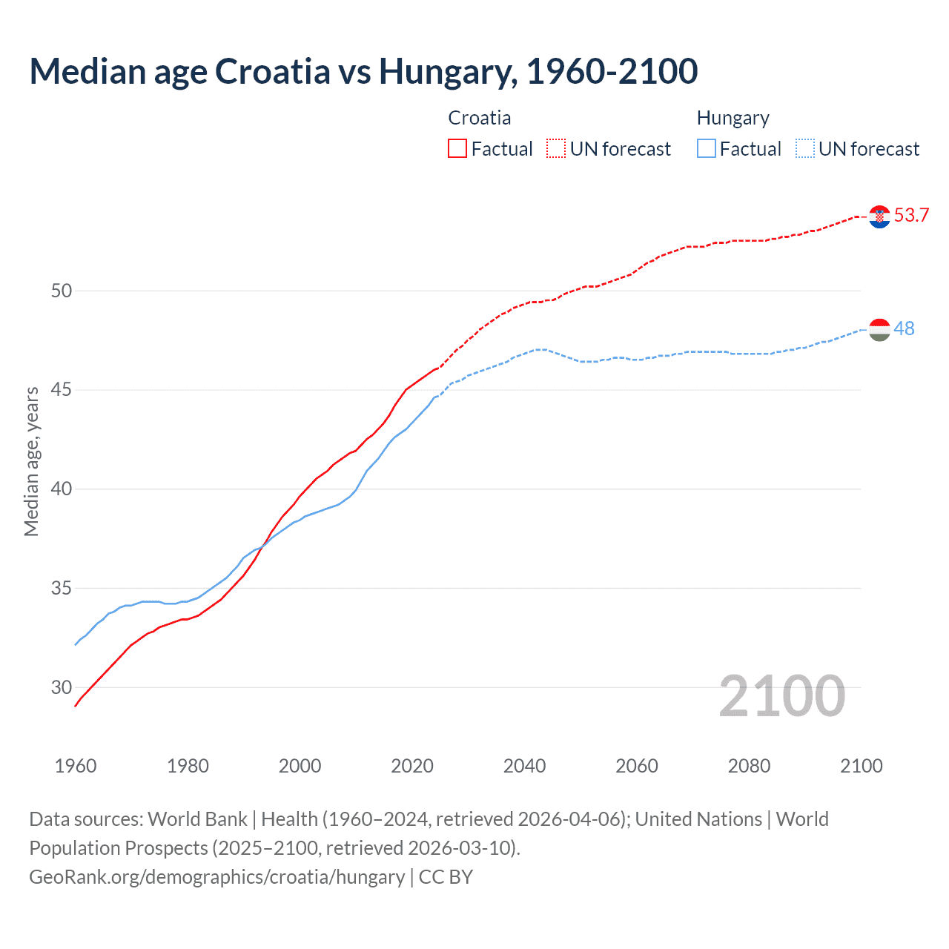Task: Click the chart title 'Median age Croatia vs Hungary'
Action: click(x=363, y=72)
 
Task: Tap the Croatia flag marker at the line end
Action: click(x=879, y=216)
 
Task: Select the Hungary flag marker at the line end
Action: click(x=879, y=330)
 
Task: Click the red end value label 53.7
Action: click(x=911, y=216)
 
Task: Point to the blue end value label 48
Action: click(x=904, y=328)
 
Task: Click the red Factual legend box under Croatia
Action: click(x=457, y=149)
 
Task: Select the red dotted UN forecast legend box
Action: click(x=556, y=149)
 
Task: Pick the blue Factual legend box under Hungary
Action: click(x=707, y=149)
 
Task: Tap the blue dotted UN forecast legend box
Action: click(x=805, y=149)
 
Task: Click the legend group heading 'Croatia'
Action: click(x=479, y=119)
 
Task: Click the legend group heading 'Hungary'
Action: click(x=733, y=119)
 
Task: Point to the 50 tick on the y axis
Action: click(x=62, y=291)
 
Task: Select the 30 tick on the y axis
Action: click(x=62, y=688)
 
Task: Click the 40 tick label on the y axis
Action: click(x=62, y=489)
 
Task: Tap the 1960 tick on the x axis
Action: click(x=76, y=766)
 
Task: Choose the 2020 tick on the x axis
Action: click(x=412, y=766)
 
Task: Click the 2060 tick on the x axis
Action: click(x=637, y=766)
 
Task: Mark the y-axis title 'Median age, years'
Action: click(x=31, y=461)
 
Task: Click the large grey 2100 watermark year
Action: click(x=781, y=696)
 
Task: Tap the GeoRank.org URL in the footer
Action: click(x=216, y=877)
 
